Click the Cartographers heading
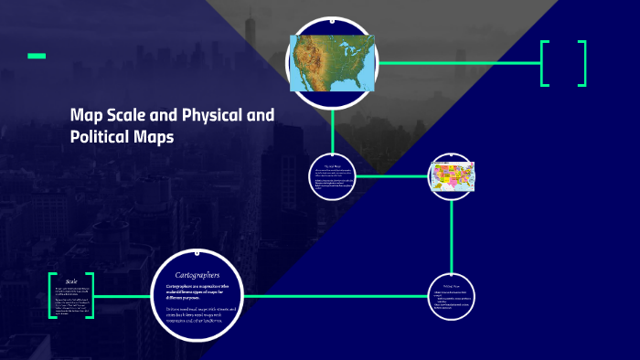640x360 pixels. [x=198, y=274]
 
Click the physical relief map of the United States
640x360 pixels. [x=333, y=63]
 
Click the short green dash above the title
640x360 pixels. [x=37, y=57]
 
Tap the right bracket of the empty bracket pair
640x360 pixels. [x=581, y=63]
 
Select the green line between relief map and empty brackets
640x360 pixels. [x=457, y=63]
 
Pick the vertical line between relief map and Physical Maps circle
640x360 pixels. [x=332, y=128]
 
